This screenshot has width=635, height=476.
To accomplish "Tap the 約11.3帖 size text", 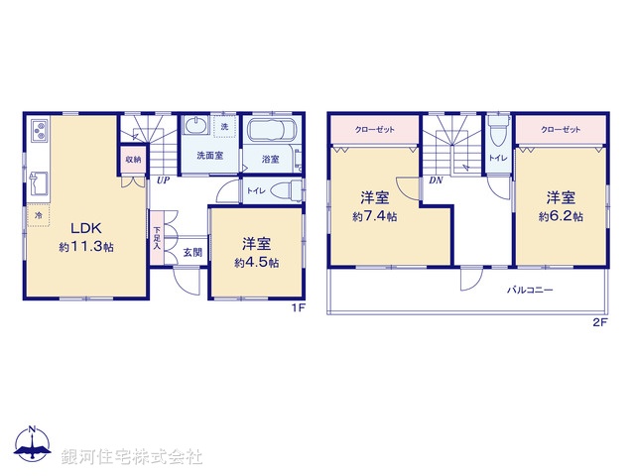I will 85,247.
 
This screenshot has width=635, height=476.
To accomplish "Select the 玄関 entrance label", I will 191,252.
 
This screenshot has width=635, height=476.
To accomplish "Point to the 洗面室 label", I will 208,157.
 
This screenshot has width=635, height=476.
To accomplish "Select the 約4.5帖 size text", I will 256,263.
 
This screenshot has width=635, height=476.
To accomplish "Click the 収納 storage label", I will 133,160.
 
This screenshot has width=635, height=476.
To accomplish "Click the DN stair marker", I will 436,180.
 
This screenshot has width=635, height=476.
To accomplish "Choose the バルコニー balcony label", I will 530,291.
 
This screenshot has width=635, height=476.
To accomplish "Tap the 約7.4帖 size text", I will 374,216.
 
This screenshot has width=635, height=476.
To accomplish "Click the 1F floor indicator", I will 297,308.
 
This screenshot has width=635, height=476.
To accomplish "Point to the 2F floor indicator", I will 599,323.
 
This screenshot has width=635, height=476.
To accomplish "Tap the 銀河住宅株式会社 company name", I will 132,456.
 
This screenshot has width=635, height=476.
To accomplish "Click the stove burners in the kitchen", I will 38,129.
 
